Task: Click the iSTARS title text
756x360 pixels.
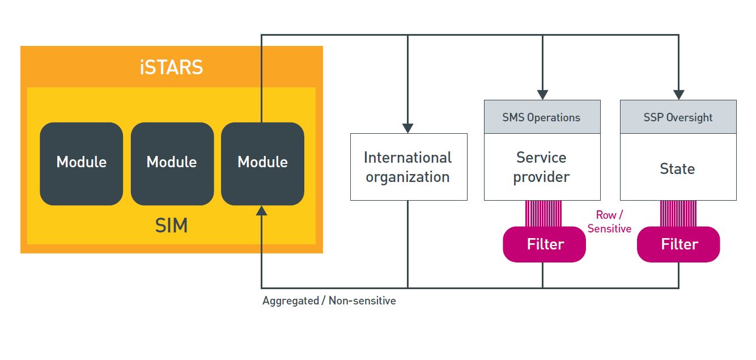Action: (172, 67)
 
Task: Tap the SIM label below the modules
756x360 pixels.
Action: (172, 225)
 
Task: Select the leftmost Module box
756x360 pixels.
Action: (82, 164)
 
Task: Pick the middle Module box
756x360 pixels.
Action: (172, 164)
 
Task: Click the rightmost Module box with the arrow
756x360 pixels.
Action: (262, 164)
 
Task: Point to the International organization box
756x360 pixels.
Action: (409, 167)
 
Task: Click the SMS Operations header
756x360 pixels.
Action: (542, 117)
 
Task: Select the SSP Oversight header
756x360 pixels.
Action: (678, 117)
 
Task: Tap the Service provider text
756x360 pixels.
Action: (541, 167)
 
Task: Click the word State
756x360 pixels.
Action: (677, 168)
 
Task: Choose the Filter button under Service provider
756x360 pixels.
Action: (544, 244)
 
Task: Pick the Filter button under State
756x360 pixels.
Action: (678, 244)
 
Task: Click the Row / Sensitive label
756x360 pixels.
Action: (609, 222)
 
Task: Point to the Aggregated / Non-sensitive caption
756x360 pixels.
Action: (329, 300)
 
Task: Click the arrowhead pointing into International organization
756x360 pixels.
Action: (407, 128)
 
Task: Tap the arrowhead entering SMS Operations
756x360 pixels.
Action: (542, 95)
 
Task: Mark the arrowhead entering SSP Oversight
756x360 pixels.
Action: (679, 95)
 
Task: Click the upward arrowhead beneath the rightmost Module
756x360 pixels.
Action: (262, 211)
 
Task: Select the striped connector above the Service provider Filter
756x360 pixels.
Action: (543, 213)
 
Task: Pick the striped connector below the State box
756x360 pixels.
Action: (678, 213)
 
